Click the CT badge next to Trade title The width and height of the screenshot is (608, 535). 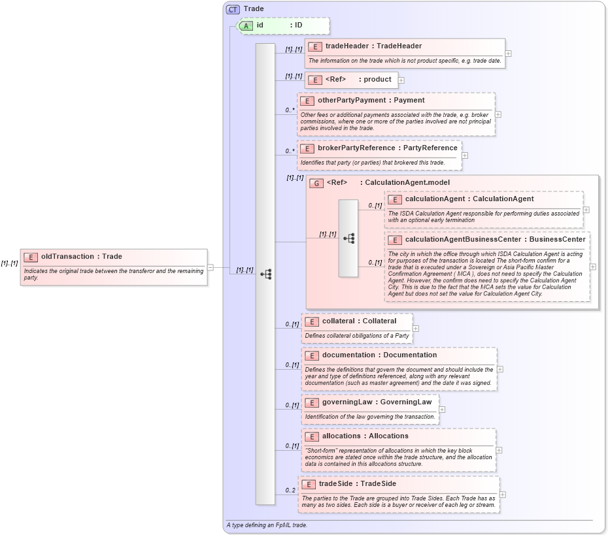[233, 9]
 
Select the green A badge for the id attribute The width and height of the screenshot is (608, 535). [245, 25]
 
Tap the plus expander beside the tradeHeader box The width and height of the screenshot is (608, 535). [508, 54]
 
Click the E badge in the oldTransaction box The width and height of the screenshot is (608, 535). [31, 257]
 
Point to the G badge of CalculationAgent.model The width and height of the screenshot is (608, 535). [316, 183]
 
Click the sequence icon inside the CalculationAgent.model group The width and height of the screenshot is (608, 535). [348, 238]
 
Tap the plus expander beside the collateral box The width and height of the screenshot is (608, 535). [416, 329]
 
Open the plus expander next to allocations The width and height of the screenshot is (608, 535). [499, 450]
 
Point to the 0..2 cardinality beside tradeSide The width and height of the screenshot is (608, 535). [290, 491]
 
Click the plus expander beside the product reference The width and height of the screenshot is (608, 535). [401, 80]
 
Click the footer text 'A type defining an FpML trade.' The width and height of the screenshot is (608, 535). [267, 525]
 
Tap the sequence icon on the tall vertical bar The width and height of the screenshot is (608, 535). [265, 274]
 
